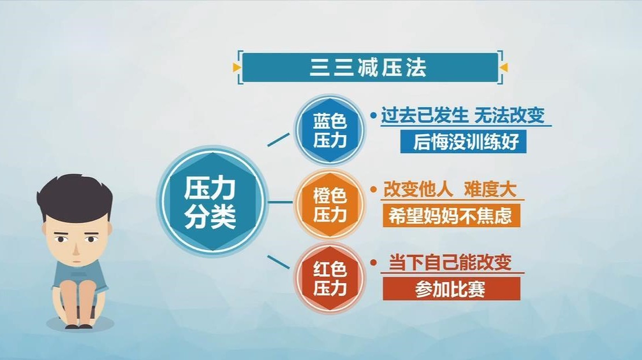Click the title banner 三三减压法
point(369,68)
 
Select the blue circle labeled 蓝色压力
point(329,130)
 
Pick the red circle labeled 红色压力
point(329,278)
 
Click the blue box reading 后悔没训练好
point(463,142)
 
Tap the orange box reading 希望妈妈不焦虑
point(451,216)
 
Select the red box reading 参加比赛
point(451,289)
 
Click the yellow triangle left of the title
point(236,68)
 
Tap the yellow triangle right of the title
point(503,68)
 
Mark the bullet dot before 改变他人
point(373,190)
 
